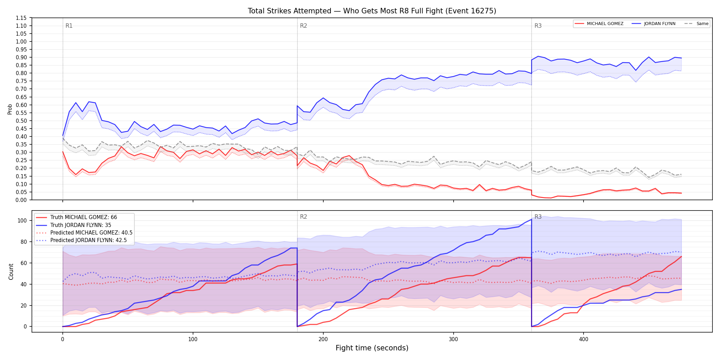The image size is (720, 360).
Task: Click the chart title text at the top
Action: point(372,11)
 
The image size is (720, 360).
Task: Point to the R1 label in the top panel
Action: point(69,26)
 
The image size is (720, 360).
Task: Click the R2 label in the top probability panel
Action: point(303,26)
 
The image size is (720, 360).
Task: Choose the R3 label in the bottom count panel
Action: point(538,217)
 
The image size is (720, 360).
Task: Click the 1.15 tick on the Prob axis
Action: point(21,18)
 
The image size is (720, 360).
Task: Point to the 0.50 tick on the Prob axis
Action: point(21,121)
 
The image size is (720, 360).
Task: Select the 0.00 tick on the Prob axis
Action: point(21,200)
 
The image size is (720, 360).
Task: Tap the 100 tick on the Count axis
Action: point(22,220)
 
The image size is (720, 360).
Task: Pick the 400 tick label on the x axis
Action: point(584,339)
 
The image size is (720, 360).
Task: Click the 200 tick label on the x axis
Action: point(323,339)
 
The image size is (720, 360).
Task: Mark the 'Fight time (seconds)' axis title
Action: point(372,348)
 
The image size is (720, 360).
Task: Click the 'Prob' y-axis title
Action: point(10,109)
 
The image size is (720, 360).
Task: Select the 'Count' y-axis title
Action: point(11,272)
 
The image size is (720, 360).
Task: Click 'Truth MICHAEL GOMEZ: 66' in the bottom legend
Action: point(84,217)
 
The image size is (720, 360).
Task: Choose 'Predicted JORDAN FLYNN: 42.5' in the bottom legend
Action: point(88,240)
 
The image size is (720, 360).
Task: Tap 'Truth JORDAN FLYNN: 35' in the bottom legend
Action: point(81,225)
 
